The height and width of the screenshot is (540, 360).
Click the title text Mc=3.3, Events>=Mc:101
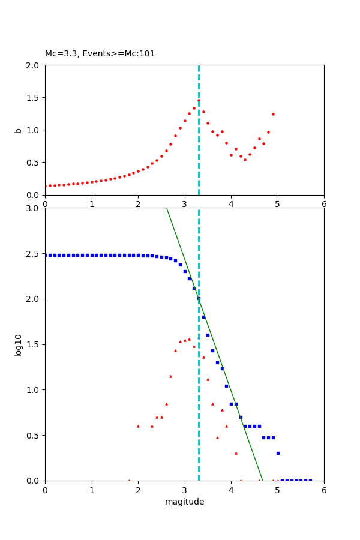pos(100,53)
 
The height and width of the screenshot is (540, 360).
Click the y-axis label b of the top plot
pos(18,130)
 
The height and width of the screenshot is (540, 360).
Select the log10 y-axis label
pos(18,344)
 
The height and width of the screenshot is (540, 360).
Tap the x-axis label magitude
pos(184,502)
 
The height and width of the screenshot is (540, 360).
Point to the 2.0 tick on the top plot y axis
pos(34,65)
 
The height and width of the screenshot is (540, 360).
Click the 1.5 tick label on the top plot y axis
pos(34,97)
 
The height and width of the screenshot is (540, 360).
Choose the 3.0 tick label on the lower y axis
pos(34,208)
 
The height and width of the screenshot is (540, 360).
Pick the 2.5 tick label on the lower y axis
pos(34,254)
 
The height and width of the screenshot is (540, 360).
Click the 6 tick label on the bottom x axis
pos(324,490)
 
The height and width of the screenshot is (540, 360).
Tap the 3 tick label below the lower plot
pos(184,490)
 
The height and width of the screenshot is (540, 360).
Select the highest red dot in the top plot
pos(199,100)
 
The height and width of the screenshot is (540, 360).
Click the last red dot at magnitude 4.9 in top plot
pos(273,114)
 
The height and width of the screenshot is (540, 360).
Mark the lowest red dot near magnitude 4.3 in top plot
pos(245,160)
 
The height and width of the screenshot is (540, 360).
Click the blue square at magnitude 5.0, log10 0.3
pos(278,453)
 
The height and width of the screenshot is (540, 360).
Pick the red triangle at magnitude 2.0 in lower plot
pos(138,426)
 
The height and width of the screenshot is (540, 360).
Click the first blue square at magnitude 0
pos(46,255)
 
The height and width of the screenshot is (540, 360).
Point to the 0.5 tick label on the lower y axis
pos(34,435)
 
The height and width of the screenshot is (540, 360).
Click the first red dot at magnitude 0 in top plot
pos(46,186)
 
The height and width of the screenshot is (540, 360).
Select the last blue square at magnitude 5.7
pos(310,480)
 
